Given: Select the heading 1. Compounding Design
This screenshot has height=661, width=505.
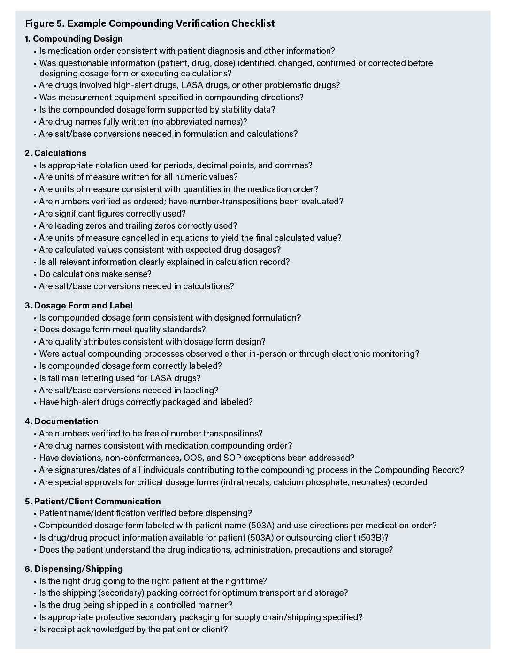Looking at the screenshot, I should point(74,39).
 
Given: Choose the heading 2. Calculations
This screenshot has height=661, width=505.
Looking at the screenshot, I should point(55,153).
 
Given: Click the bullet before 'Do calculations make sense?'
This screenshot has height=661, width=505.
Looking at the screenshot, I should point(35,274).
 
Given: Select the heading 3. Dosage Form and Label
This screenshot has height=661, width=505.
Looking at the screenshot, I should point(78,306).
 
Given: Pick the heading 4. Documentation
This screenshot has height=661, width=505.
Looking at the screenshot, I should point(61,421).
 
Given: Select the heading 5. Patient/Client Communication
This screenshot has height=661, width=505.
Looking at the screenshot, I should point(92,501).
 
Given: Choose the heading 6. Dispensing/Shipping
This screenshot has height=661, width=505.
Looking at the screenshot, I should point(73,569).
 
